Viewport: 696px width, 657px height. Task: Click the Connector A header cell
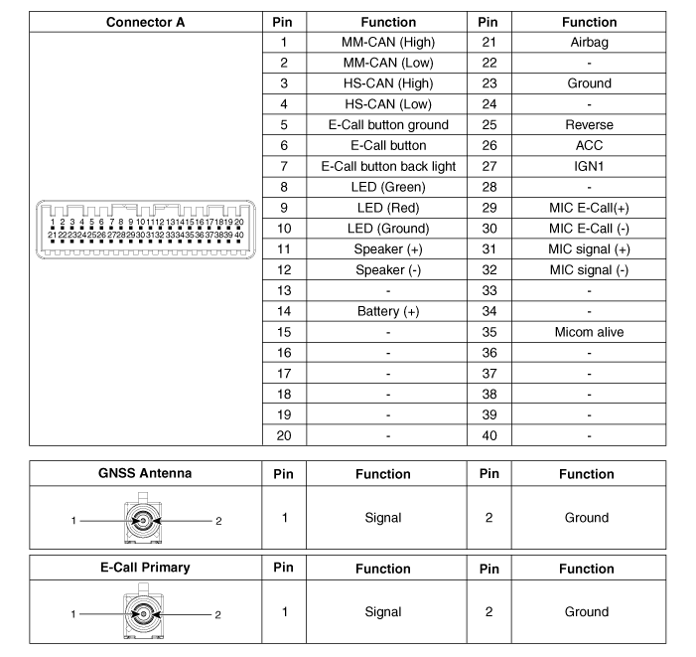tap(145, 22)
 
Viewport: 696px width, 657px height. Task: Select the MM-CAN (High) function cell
tap(388, 43)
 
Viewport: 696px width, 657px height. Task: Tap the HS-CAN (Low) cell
tap(388, 104)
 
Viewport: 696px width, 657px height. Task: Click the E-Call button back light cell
tap(388, 166)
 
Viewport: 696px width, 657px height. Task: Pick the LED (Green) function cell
tap(388, 187)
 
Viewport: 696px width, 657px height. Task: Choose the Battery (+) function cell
tap(388, 311)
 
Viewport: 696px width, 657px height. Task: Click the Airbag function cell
tap(589, 43)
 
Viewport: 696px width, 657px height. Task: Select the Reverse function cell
tap(589, 125)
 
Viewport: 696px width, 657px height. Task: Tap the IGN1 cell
tap(589, 166)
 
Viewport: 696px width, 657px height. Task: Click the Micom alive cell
tap(589, 332)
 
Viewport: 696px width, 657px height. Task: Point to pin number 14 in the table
tap(283, 311)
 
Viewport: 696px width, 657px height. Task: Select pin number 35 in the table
tap(487, 332)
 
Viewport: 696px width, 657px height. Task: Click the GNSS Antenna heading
tap(145, 473)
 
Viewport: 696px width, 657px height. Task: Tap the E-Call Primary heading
tap(145, 568)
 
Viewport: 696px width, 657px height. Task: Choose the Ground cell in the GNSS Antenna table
tap(587, 518)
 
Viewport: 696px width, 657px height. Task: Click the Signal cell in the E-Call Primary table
tap(382, 612)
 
